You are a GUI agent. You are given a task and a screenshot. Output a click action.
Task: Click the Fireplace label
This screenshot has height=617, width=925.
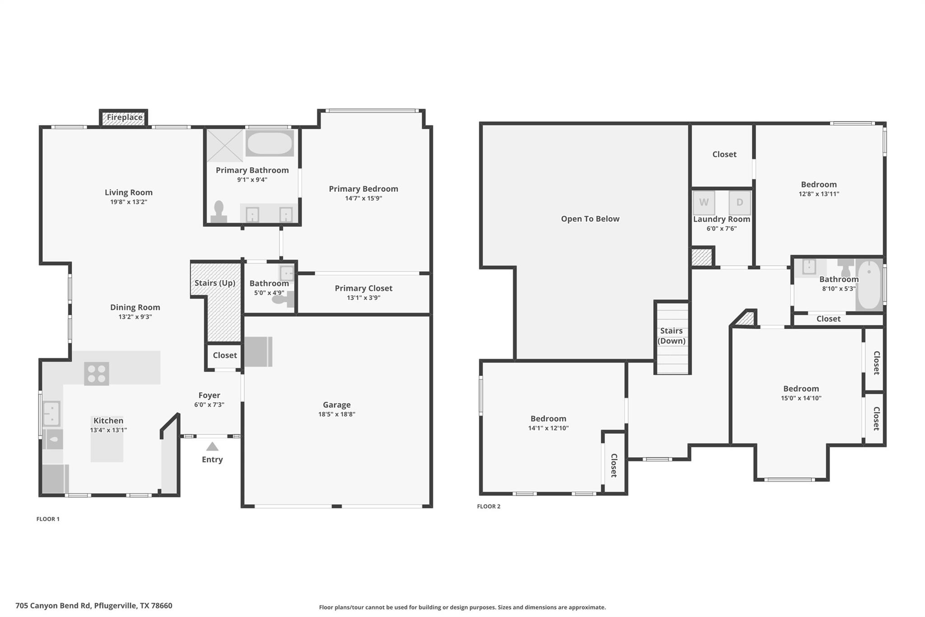click(125, 118)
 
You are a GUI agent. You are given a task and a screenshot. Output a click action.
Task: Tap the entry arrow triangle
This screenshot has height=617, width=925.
click(212, 447)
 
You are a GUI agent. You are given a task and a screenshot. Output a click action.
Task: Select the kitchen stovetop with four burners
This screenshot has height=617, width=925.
click(97, 373)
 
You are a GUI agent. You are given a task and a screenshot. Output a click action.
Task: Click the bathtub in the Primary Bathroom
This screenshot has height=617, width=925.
click(270, 143)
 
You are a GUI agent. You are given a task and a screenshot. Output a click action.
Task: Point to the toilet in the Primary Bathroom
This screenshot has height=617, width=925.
click(219, 212)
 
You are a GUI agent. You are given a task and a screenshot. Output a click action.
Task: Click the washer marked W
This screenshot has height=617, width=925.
click(704, 203)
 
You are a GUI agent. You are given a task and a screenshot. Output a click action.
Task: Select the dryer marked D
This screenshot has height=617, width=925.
click(739, 203)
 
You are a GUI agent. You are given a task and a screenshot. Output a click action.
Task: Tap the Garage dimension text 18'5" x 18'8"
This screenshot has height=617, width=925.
click(336, 414)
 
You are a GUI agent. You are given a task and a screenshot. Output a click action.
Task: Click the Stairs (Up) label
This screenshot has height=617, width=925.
click(215, 283)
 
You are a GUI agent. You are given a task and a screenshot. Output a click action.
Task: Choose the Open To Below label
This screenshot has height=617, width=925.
click(590, 219)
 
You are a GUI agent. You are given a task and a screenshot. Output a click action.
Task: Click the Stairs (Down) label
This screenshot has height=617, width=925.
click(671, 336)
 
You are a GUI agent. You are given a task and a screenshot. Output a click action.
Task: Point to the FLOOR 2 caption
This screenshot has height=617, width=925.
click(489, 506)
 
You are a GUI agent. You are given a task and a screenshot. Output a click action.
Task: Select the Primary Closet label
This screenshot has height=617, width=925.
click(363, 288)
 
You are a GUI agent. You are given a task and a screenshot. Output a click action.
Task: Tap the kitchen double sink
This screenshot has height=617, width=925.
click(51, 414)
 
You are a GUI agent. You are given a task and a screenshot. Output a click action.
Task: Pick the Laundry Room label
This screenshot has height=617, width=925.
click(721, 219)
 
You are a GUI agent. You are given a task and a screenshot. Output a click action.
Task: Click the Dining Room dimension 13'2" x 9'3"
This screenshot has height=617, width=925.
click(135, 317)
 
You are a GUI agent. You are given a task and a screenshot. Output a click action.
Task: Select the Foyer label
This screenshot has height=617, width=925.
click(209, 395)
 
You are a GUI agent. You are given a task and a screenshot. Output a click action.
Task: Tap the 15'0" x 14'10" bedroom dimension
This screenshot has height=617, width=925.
click(801, 398)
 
